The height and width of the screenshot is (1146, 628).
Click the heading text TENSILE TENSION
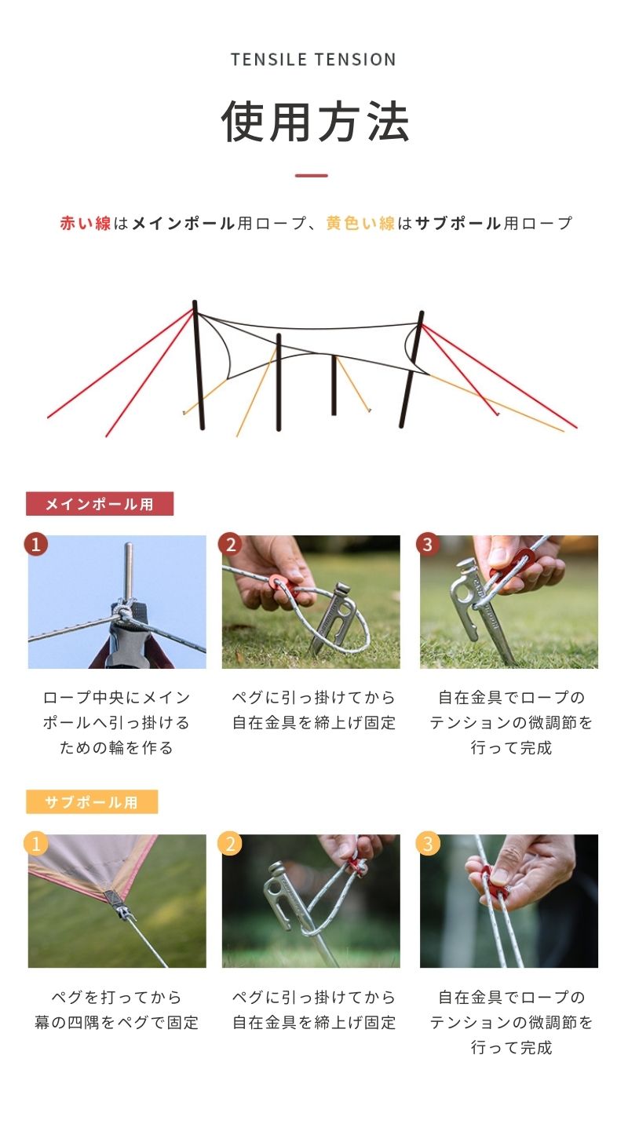313,60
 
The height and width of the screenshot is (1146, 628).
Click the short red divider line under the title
311,176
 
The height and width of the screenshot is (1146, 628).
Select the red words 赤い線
86,223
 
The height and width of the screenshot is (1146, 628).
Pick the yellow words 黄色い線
360,223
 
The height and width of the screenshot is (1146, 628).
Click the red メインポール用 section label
100,504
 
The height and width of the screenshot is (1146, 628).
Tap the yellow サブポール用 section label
92,801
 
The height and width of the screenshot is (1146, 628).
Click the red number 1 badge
36,544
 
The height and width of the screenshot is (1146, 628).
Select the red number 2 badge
230,544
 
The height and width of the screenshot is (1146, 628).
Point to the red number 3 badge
428,544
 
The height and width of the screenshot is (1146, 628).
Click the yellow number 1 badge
36,843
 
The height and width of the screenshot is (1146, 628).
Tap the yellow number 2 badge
230,843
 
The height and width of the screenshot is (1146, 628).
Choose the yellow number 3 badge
428,843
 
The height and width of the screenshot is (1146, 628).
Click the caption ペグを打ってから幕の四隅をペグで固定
117,1009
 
